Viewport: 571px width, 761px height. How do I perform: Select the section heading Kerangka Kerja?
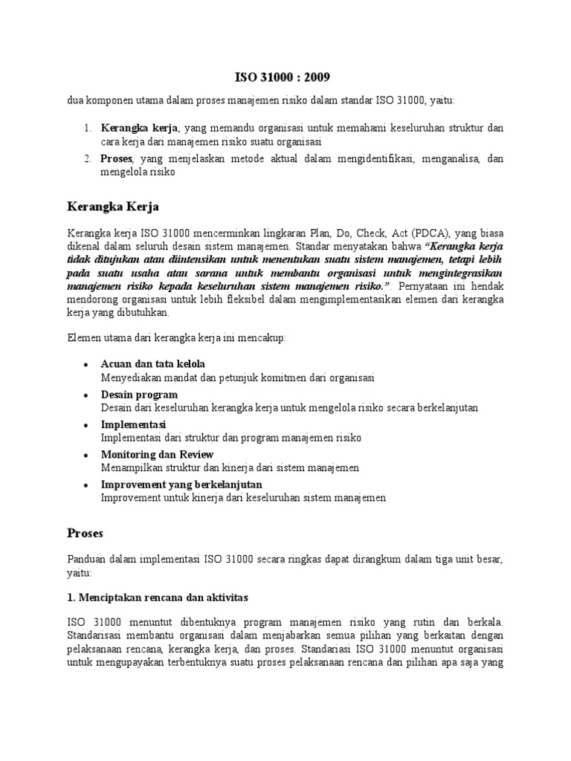click(113, 204)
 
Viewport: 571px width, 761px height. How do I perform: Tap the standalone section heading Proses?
click(86, 533)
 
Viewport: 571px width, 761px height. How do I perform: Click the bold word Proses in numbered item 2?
click(117, 158)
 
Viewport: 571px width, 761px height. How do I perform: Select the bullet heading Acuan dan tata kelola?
click(152, 363)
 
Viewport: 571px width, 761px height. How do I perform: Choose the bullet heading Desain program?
click(139, 394)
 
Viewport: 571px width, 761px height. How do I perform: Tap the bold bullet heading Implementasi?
click(134, 424)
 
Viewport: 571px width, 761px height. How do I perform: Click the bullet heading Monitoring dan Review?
click(157, 454)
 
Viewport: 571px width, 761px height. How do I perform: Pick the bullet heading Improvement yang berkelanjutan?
click(181, 485)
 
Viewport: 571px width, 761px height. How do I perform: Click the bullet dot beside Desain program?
click(87, 395)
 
